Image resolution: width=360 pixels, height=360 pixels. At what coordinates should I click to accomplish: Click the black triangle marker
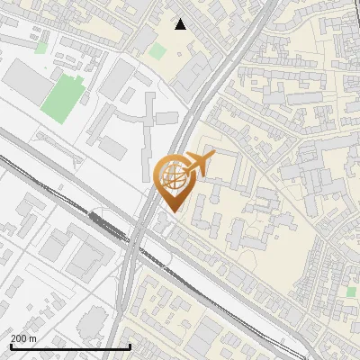[x=180, y=24]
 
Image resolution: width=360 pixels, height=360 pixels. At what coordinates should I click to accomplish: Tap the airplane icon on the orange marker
[x=197, y=164]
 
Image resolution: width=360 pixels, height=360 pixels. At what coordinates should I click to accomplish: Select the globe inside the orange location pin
[x=171, y=178]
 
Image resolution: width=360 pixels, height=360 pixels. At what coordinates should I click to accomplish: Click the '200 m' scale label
[x=23, y=338]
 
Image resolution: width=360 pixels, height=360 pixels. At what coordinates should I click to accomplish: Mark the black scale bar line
[x=70, y=346]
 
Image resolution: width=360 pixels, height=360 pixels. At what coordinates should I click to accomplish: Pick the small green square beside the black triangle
[x=157, y=51]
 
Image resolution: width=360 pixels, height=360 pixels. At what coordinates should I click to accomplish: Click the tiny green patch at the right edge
[x=351, y=291]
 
